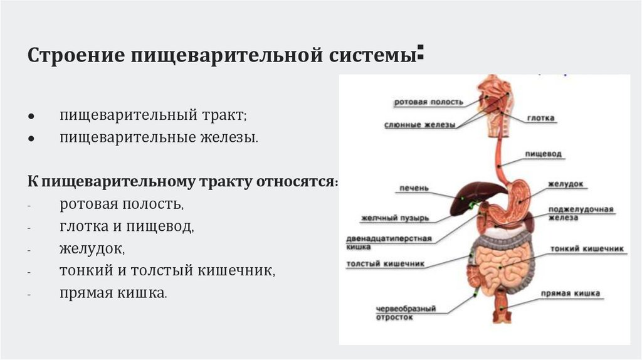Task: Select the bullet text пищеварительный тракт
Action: coord(153,115)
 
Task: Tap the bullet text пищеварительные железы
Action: coord(158,137)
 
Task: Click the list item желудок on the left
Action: coord(92,248)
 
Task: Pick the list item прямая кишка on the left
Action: coord(113,292)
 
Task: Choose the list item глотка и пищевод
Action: coord(127,226)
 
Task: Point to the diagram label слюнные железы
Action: coord(419,125)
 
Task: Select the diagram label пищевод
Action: coord(543,154)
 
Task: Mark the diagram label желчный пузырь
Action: coord(394,218)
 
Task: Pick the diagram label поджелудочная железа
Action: coord(580,213)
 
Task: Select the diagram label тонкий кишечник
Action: coord(587,249)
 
